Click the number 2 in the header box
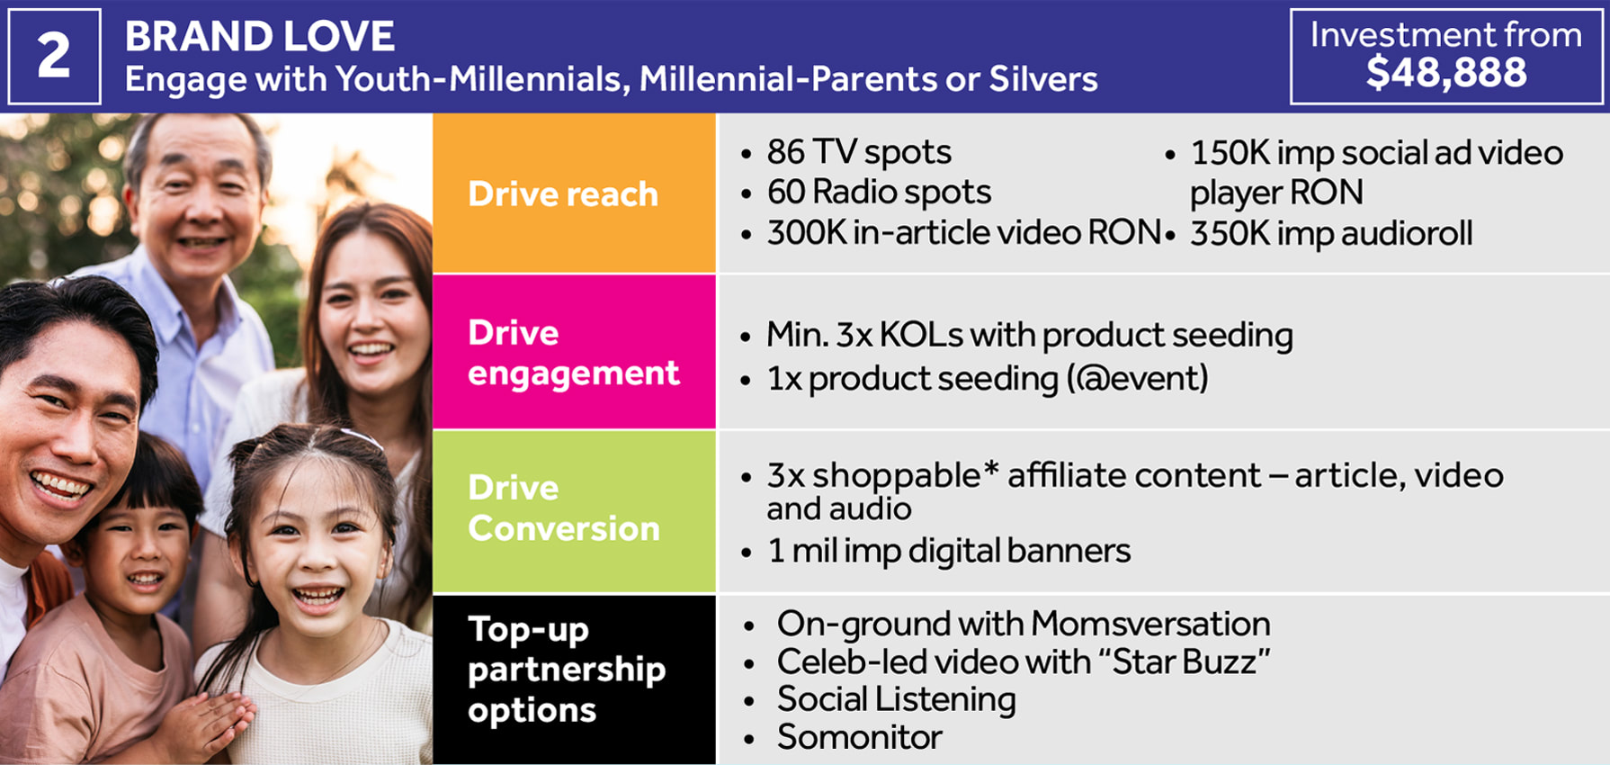pyautogui.click(x=54, y=56)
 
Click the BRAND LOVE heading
pyautogui.click(x=259, y=37)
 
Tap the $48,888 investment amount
pyautogui.click(x=1446, y=72)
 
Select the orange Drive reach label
pyautogui.click(x=563, y=194)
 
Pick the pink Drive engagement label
pyautogui.click(x=574, y=353)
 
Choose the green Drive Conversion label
pyautogui.click(x=564, y=508)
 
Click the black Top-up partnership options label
pyautogui.click(x=567, y=670)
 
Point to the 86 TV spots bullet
pyautogui.click(x=859, y=152)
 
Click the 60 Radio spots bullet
pyautogui.click(x=879, y=192)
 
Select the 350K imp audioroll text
pyautogui.click(x=1331, y=234)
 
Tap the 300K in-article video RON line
pyautogui.click(x=963, y=232)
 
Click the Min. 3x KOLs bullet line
pyautogui.click(x=1030, y=335)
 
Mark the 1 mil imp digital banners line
pyautogui.click(x=949, y=551)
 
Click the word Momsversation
pyautogui.click(x=1150, y=624)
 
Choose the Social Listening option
pyautogui.click(x=897, y=699)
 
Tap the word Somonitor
pyautogui.click(x=860, y=737)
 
